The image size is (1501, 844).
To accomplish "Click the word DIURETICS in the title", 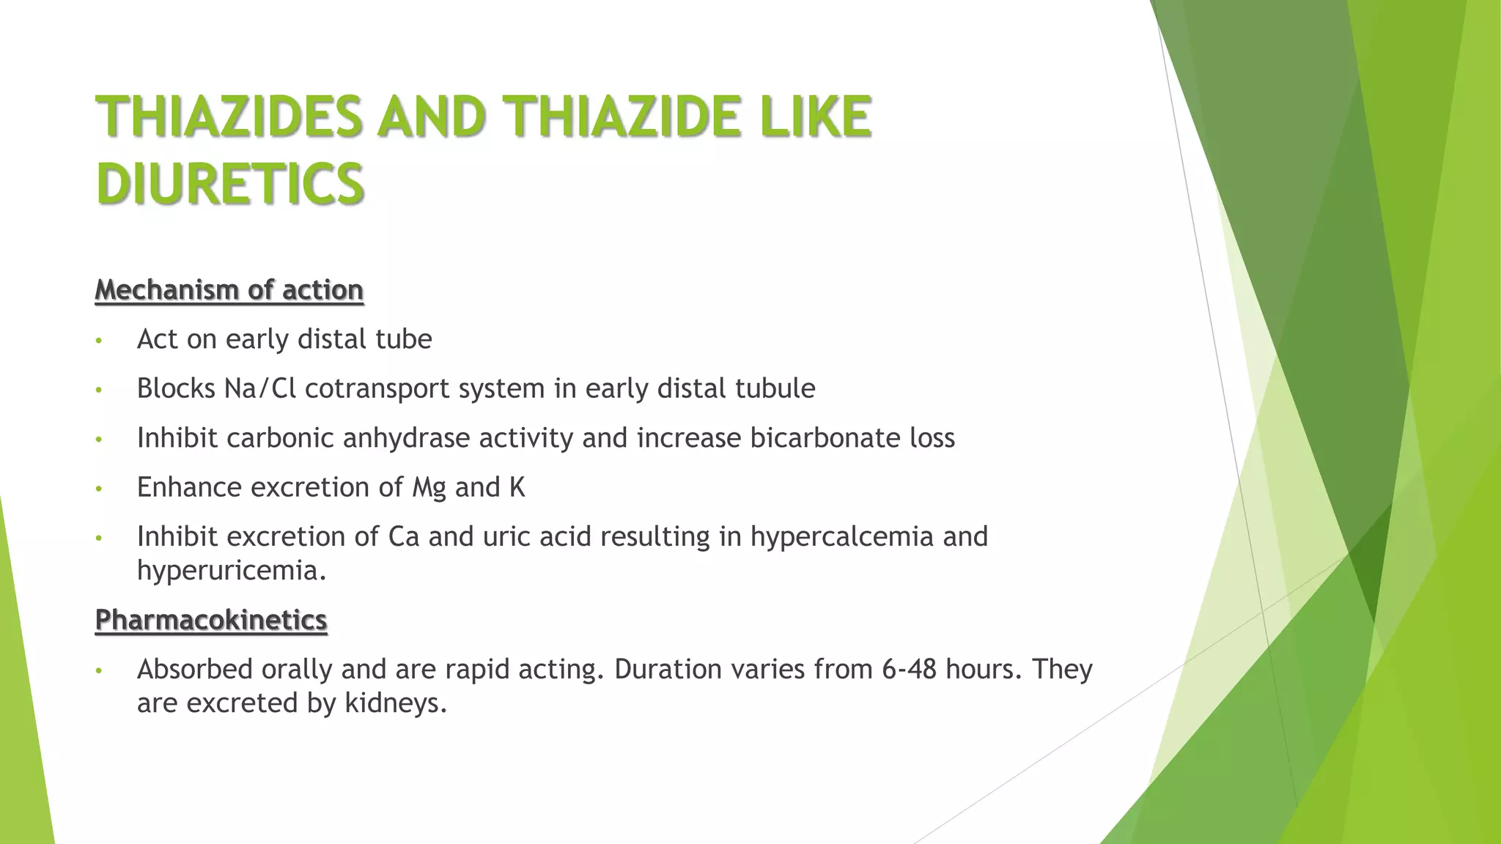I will [x=230, y=183].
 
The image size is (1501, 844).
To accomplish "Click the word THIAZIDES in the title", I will [x=229, y=116].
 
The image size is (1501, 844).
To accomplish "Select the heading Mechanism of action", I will [x=229, y=290].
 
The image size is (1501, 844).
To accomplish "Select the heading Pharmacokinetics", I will [x=211, y=620].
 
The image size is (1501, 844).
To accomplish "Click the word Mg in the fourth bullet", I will [x=429, y=488].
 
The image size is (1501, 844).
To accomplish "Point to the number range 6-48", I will [x=909, y=669].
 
